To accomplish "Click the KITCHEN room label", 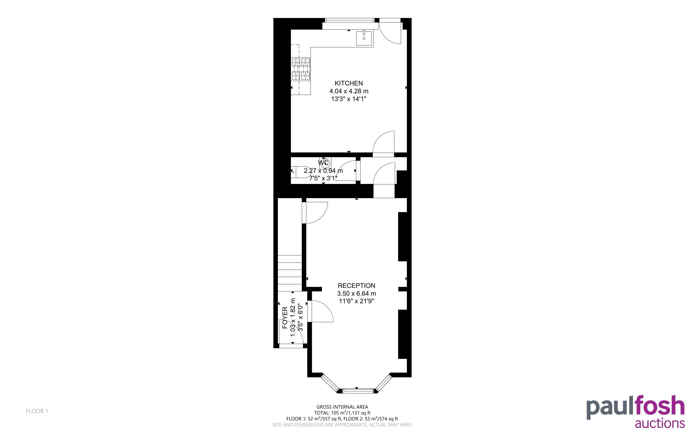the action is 349,83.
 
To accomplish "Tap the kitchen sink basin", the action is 364,38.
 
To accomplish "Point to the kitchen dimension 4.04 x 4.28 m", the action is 349,91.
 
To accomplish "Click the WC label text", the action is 323,163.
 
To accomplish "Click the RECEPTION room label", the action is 356,286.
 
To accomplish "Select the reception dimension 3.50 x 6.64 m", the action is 356,294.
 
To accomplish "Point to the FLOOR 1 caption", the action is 37,411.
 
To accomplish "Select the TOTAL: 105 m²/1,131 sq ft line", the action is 342,413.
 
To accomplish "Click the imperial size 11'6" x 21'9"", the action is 356,301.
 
